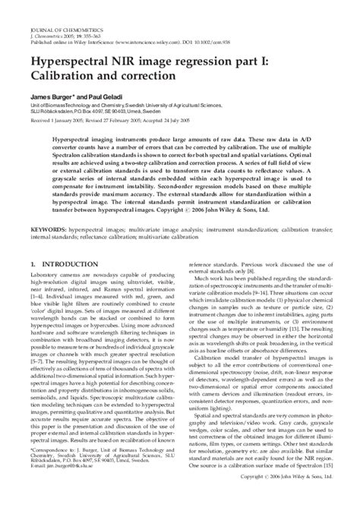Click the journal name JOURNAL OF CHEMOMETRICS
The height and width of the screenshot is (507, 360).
56,8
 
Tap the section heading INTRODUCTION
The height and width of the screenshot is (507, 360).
73,265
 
